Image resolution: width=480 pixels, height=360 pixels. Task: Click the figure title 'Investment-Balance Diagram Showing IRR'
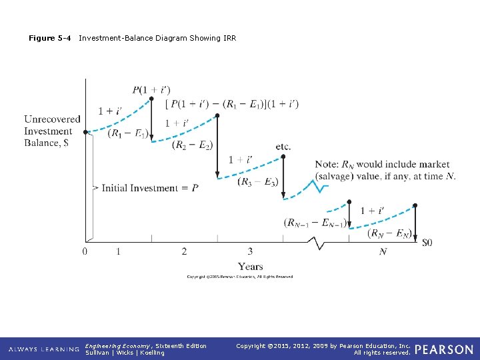coord(157,38)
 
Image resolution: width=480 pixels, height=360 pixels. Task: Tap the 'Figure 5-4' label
coord(49,38)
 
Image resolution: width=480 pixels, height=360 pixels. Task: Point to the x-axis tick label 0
coord(85,251)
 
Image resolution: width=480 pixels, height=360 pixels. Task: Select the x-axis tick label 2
coord(184,251)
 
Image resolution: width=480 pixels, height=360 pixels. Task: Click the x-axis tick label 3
coord(250,251)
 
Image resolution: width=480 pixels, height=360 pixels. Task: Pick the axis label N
coord(383,252)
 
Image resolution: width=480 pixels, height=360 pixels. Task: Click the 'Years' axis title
coord(251,267)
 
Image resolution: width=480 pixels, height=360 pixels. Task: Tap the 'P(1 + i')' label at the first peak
coord(151,89)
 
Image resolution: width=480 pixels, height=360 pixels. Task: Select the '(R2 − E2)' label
coord(192,145)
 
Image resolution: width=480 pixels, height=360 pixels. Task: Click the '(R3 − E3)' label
coord(258,181)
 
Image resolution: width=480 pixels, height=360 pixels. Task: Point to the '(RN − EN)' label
coord(389,233)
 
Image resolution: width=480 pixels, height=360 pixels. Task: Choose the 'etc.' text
coord(283,147)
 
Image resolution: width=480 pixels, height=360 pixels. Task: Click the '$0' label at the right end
coord(427,243)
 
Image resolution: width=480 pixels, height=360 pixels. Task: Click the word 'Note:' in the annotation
coord(327,165)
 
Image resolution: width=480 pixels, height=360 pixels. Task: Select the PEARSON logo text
coord(443,349)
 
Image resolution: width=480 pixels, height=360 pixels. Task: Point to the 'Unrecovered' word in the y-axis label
coord(52,119)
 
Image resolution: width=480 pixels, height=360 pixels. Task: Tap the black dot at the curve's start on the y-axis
coord(85,132)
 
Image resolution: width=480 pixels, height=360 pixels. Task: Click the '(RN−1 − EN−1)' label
coord(315,222)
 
